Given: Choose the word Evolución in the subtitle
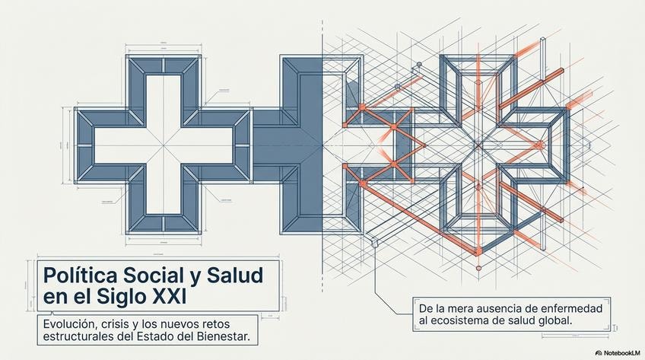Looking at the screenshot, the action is (x=69, y=322).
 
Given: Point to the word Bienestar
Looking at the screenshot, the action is (x=227, y=336).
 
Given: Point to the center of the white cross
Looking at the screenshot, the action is (x=164, y=140).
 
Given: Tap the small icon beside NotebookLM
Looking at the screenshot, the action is (x=599, y=353).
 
